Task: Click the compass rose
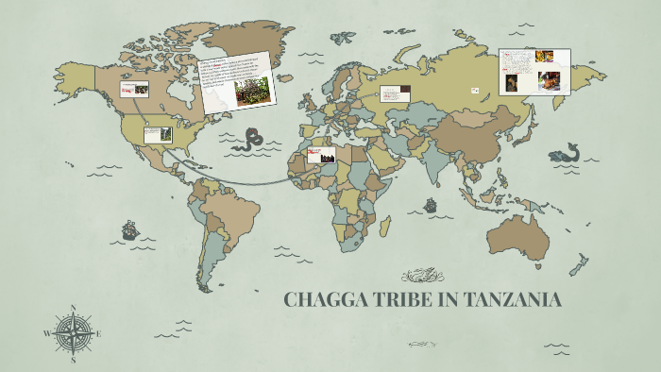72,332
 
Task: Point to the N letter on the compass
73,307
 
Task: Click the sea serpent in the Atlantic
250,141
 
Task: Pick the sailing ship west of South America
129,229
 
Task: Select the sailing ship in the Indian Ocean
431,204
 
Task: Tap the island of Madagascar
385,228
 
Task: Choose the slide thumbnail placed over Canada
133,89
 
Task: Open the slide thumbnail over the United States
158,135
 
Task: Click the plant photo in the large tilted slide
252,91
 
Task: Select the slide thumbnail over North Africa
321,155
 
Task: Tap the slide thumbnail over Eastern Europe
395,93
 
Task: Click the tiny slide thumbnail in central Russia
474,91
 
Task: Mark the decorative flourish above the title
422,276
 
